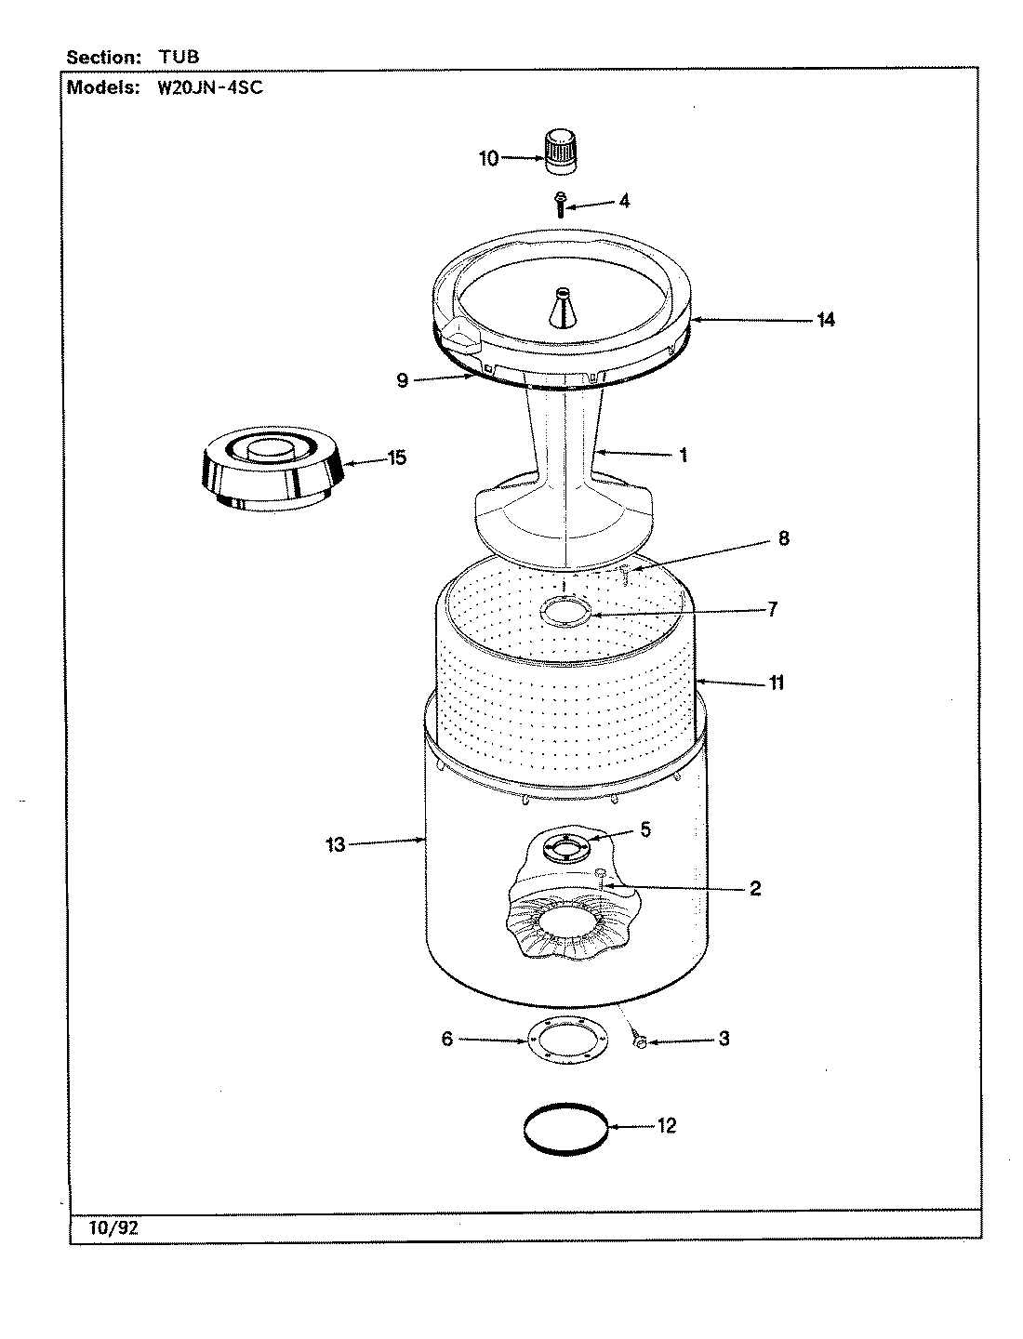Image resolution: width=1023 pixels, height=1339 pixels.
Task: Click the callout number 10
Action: (x=489, y=159)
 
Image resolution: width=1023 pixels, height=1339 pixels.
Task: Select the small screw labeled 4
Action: (x=561, y=204)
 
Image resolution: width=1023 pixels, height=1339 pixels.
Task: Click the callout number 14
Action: (x=825, y=321)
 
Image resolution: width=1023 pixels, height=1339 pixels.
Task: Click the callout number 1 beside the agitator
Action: (x=683, y=456)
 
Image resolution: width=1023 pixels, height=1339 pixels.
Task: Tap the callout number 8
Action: (x=783, y=538)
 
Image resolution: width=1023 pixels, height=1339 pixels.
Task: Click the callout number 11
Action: (x=776, y=683)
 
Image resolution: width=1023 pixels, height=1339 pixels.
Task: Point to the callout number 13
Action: (x=335, y=845)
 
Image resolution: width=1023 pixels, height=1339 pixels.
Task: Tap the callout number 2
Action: (x=754, y=889)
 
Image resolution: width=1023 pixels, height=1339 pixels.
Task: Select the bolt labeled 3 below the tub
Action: (x=640, y=1043)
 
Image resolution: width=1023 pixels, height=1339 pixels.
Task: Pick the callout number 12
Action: (x=666, y=1126)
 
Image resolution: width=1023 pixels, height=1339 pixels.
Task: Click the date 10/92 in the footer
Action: (x=114, y=1227)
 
